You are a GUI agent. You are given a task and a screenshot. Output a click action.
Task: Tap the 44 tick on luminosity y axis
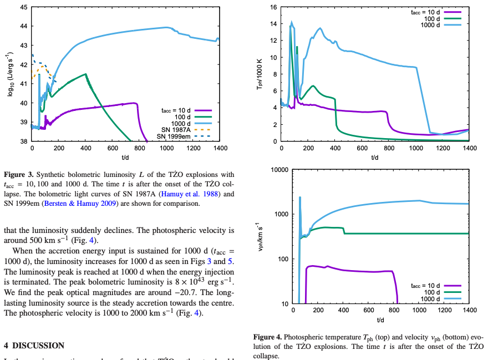point(22,26)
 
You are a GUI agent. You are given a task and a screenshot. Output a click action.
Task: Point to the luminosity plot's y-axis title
point(10,74)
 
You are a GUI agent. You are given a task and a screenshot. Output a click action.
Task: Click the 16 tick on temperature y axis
point(273,7)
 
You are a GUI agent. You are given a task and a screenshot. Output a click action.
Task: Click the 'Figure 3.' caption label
point(18,175)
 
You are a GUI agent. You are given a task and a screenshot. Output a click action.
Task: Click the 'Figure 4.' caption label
point(268,337)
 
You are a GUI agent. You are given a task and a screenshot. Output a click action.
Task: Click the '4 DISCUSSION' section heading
point(34,345)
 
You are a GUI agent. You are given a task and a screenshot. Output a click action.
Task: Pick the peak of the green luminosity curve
point(85,74)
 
